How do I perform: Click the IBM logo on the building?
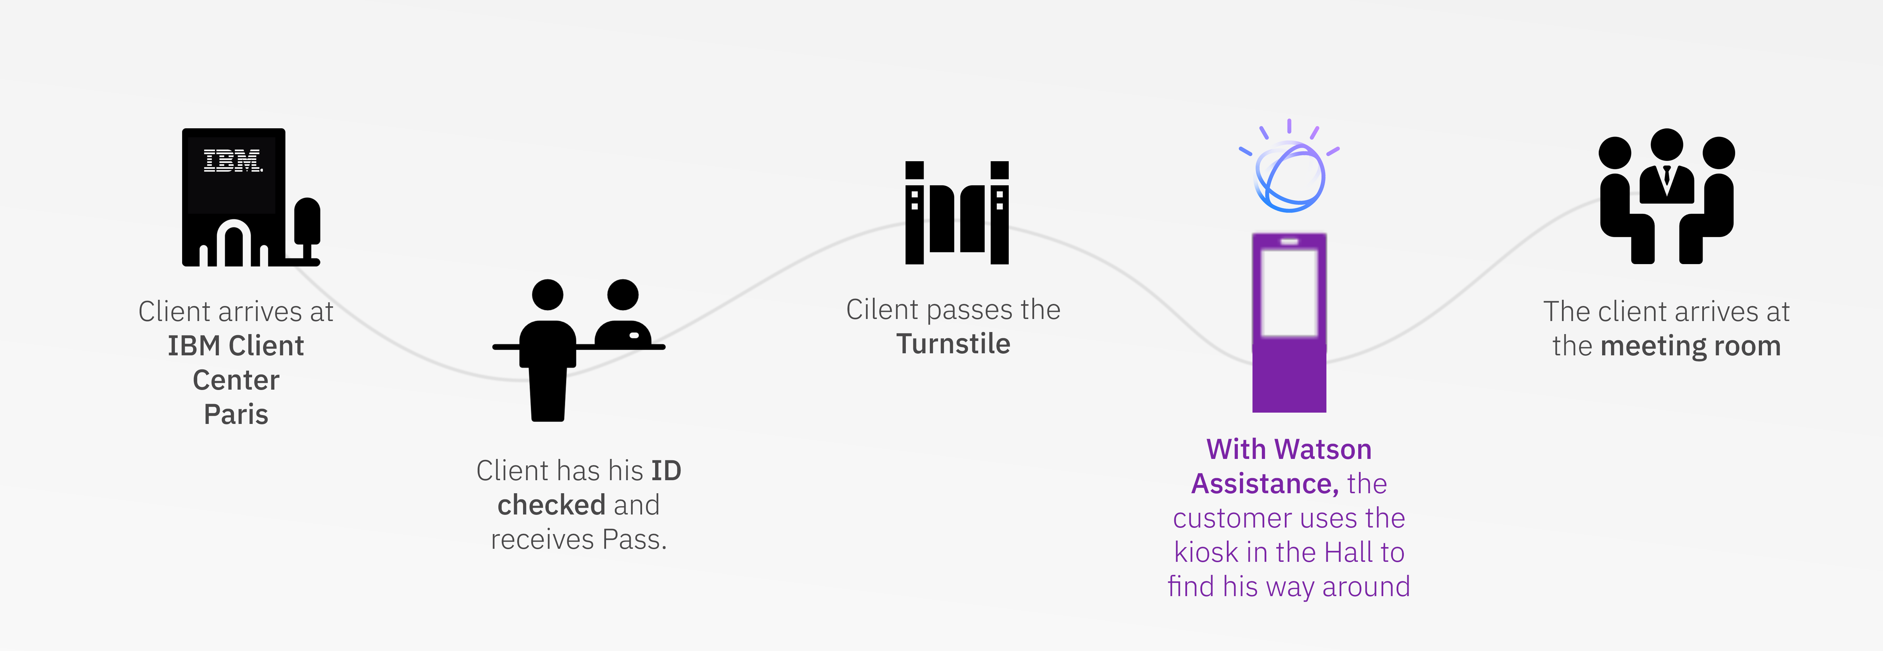click(x=233, y=161)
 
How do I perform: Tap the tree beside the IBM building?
click(x=307, y=223)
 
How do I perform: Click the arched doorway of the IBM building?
click(x=234, y=245)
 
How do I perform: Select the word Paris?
click(x=235, y=414)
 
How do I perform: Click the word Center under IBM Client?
click(x=235, y=380)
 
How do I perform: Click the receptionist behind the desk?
click(x=624, y=318)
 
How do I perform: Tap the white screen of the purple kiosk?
click(x=1289, y=292)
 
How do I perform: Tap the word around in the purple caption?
click(x=1365, y=587)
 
